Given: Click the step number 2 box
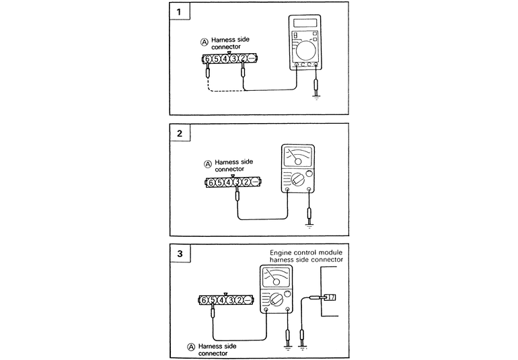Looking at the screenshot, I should [x=179, y=133].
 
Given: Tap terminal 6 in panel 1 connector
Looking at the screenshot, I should [x=208, y=59].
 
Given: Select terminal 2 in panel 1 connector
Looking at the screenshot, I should [x=243, y=59].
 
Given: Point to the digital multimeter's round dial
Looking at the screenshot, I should [x=306, y=50].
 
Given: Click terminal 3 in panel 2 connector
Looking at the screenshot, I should [x=237, y=182].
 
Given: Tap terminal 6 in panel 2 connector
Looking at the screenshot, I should [x=211, y=182].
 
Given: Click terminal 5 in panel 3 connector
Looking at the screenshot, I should [x=213, y=299].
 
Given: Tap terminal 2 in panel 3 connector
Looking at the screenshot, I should [x=239, y=299].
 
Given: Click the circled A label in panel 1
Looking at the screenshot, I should [x=205, y=42].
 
